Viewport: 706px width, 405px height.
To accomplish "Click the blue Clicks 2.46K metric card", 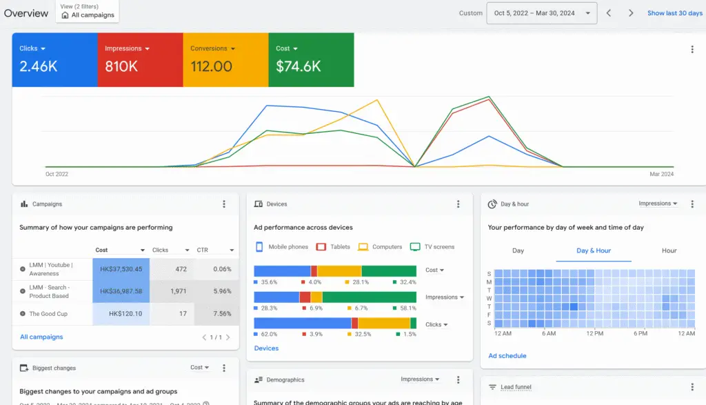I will coord(54,59).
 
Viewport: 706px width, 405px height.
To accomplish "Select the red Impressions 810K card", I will coord(140,59).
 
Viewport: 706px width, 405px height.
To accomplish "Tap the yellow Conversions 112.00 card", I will coord(225,59).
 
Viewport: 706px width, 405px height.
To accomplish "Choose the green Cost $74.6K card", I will coord(311,59).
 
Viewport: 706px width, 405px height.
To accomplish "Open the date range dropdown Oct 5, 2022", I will coord(541,13).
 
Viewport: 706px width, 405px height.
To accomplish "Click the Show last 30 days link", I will coord(674,13).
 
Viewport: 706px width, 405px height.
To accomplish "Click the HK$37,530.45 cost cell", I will coord(121,269).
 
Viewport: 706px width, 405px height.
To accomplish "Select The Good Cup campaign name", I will coord(48,313).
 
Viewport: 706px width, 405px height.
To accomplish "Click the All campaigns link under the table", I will coord(41,337).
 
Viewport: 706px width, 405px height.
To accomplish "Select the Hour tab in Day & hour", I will coord(669,250).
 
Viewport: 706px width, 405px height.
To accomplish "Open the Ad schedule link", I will coord(507,356).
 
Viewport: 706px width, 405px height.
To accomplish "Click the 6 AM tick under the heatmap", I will coord(549,333).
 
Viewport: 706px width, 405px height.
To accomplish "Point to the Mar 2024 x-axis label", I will coord(661,174).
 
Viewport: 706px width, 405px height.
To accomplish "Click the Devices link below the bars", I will coord(266,348).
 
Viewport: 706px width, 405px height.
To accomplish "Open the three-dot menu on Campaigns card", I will coord(223,204).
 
